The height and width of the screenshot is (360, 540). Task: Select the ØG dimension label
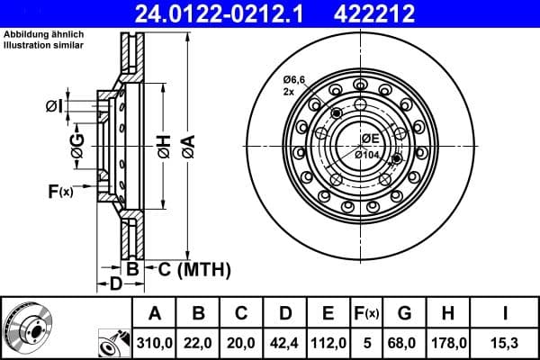pos(77,144)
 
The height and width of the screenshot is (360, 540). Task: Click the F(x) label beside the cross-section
pos(60,191)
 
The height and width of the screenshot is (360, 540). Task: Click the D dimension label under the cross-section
pos(115,284)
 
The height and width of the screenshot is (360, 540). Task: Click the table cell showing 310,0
pos(155,341)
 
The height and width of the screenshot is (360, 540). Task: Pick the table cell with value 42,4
pos(284,341)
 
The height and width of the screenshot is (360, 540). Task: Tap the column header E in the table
pos(328,313)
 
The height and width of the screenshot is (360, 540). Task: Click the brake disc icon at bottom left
pos(28,328)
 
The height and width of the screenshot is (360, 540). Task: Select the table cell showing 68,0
pos(403,341)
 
